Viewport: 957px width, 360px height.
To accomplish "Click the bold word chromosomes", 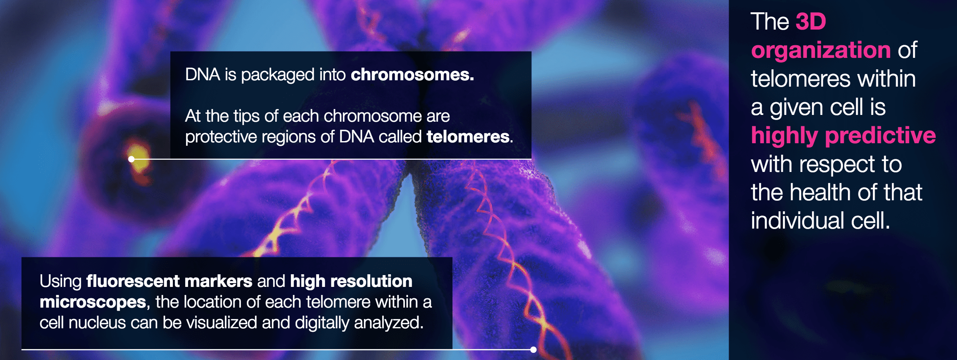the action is [x=412, y=75].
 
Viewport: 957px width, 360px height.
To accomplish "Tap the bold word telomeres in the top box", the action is [x=468, y=136].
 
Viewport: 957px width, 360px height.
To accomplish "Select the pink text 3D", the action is [x=811, y=22].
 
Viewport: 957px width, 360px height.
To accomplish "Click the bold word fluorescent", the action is [x=133, y=281].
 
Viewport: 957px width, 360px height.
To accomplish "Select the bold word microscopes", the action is [x=93, y=303].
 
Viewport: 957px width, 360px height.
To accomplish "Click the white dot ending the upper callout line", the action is [x=131, y=159].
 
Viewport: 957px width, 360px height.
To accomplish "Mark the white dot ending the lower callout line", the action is [x=533, y=349].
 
